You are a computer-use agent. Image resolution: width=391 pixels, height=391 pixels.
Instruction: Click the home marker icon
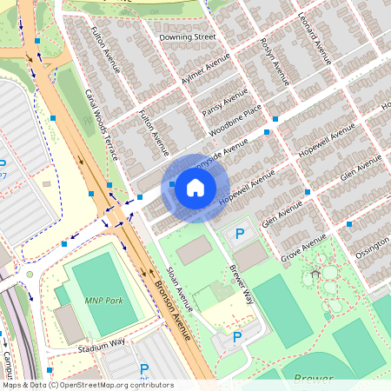(x=195, y=188)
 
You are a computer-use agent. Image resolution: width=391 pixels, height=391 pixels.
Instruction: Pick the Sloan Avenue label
(x=178, y=288)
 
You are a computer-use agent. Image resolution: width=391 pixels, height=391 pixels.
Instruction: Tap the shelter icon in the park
(x=315, y=274)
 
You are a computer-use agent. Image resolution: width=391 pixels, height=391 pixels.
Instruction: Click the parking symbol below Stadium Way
(x=144, y=369)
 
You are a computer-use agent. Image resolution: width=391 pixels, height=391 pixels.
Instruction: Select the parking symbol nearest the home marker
(x=240, y=234)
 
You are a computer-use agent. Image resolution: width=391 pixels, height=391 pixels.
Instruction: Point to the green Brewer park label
(x=313, y=379)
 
